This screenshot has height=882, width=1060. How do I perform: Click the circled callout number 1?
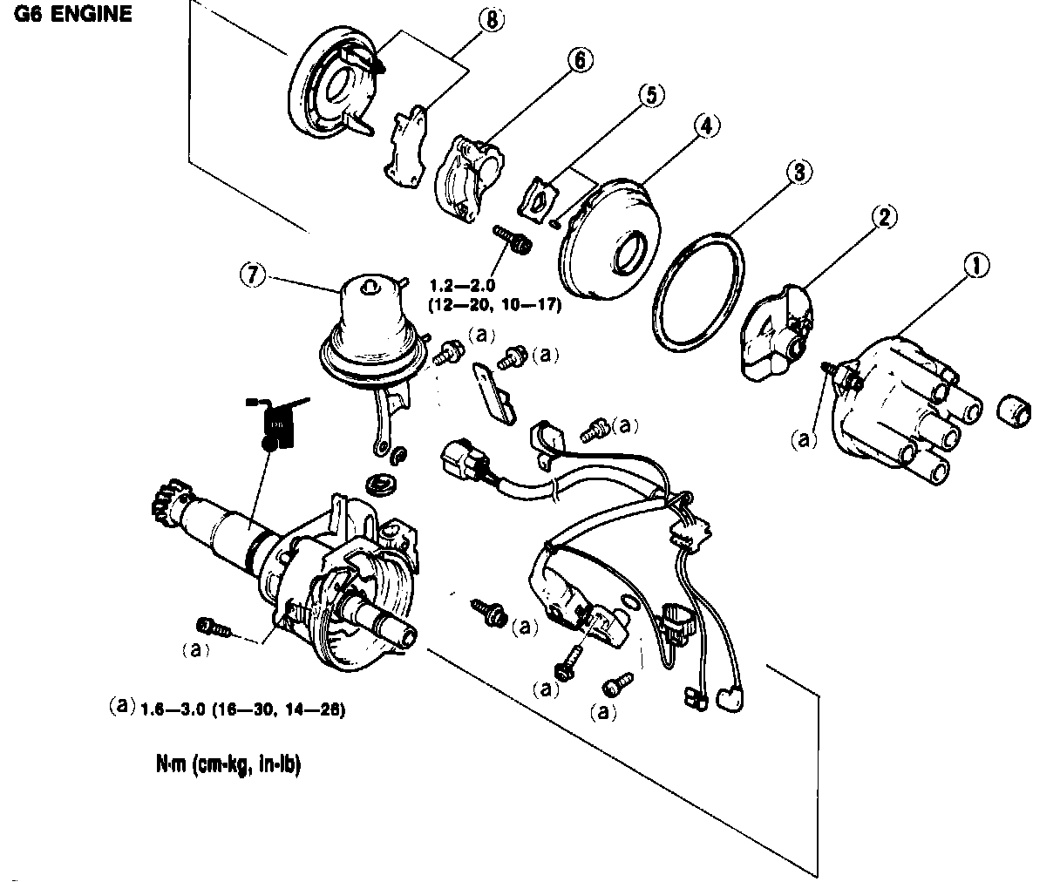[x=979, y=266]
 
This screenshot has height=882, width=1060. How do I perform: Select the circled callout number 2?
[x=884, y=217]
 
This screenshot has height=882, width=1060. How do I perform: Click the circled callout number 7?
[x=250, y=274]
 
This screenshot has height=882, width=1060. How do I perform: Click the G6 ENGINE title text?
[x=72, y=15]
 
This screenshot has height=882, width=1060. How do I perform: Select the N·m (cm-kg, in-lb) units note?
[x=223, y=766]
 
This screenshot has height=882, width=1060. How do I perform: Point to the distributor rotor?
[x=778, y=336]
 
